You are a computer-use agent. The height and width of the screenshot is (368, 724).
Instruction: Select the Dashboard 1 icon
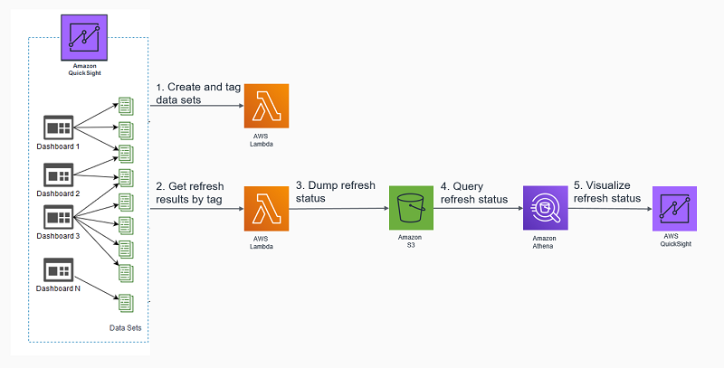(59, 127)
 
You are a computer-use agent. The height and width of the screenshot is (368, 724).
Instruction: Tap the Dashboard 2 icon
(59, 174)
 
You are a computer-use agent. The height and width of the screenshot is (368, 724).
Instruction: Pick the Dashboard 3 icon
(59, 217)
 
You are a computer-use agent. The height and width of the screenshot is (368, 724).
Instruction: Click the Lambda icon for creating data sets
(267, 106)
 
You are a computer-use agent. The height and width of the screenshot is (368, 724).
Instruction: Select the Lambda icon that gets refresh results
(267, 208)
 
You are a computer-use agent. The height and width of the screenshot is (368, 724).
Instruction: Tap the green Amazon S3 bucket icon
(411, 209)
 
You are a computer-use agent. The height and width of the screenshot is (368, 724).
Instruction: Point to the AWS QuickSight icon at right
(674, 209)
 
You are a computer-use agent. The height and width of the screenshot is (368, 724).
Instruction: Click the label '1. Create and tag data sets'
(198, 94)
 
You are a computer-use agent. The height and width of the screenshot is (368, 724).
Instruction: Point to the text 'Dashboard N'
(59, 288)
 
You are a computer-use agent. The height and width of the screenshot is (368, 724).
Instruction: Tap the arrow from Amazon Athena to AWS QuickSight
(611, 209)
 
